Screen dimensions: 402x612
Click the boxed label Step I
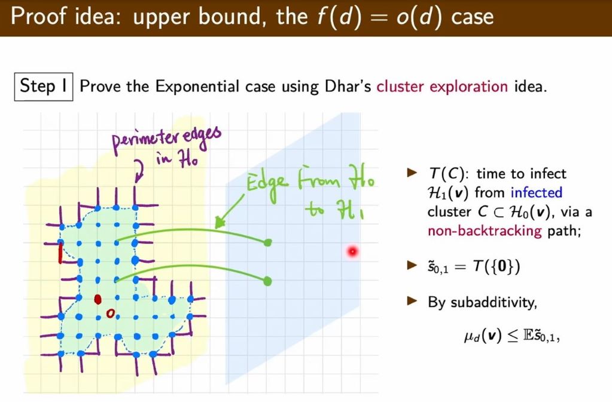click(x=43, y=86)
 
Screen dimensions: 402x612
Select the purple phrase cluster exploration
click(x=442, y=87)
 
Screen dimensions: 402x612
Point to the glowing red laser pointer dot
click(x=352, y=251)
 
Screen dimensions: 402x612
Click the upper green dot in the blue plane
click(x=267, y=242)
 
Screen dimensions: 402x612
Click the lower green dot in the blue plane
click(x=267, y=280)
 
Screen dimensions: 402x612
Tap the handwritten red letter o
click(x=109, y=312)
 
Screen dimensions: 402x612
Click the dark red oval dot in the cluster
click(x=98, y=298)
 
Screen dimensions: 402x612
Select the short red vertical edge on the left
click(x=60, y=254)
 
